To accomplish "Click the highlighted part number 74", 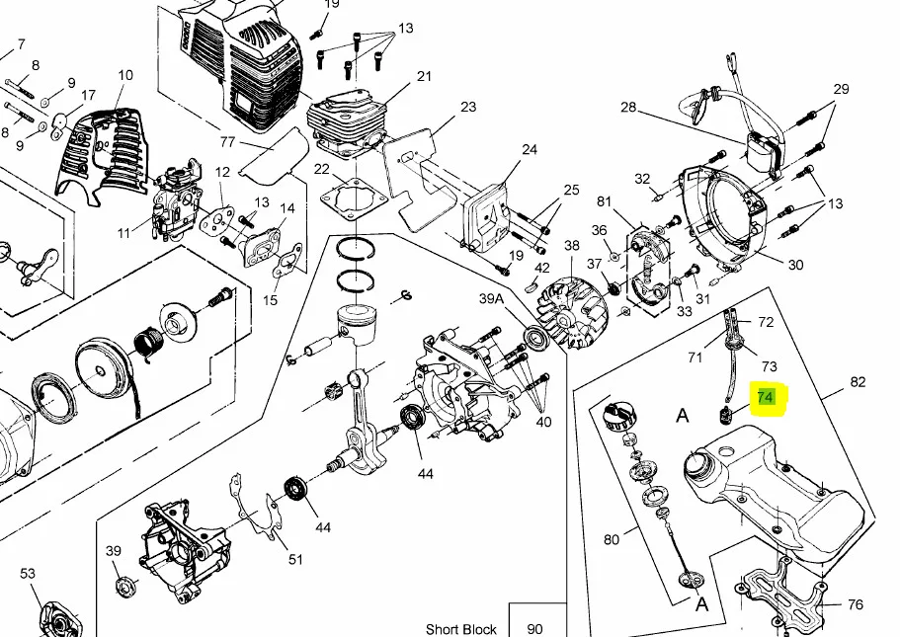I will [765, 398].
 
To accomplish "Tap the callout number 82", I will [858, 382].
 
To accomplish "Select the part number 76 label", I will [856, 604].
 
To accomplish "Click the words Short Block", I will [461, 628].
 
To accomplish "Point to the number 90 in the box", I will [534, 628].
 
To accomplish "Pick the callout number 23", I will [468, 107].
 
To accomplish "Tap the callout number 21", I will [424, 76].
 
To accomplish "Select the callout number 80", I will [612, 539].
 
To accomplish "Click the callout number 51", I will [295, 560].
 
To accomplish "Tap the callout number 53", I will [27, 573].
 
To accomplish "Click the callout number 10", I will [125, 75].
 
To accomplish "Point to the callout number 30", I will [795, 265].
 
